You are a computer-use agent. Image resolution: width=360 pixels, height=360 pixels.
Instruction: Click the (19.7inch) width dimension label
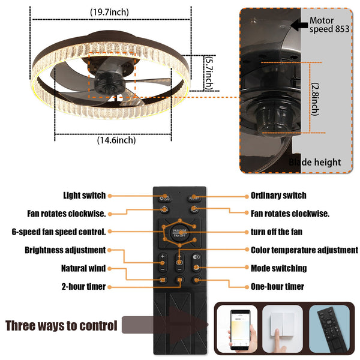[x=109, y=12]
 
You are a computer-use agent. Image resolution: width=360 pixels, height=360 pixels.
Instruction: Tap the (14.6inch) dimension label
[x=116, y=140]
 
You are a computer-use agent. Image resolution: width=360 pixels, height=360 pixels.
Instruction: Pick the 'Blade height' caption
[x=323, y=161]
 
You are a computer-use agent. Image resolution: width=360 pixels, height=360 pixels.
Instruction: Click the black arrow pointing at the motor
[x=296, y=25]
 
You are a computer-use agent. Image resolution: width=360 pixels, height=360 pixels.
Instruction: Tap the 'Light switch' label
[x=85, y=196]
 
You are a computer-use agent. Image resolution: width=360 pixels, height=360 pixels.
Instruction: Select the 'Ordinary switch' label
[x=278, y=196]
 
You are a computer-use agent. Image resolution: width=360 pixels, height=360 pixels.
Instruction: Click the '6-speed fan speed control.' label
[x=59, y=232]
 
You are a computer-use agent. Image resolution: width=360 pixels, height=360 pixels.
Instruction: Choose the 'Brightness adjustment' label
[x=65, y=250]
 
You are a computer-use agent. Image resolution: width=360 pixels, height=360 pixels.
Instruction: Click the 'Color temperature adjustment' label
[x=304, y=250]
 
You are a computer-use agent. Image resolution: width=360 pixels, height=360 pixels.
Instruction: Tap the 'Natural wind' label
[x=83, y=268]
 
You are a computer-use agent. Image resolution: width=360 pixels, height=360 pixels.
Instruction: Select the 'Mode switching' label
[x=278, y=268]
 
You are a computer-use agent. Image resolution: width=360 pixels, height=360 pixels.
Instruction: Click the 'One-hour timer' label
[x=277, y=287]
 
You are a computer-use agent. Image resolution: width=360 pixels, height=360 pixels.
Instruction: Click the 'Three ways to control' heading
[x=61, y=326]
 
